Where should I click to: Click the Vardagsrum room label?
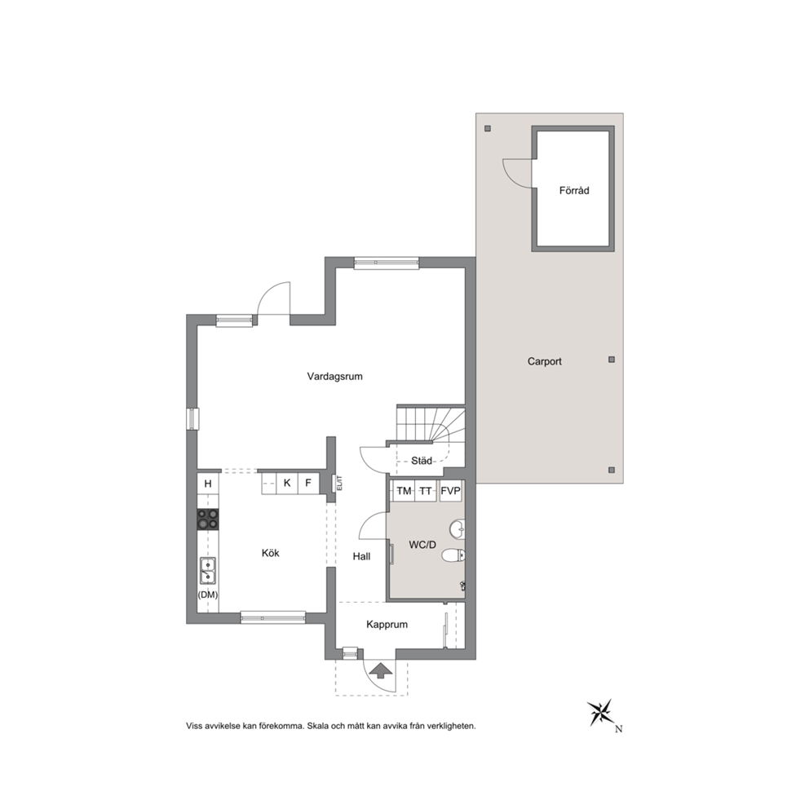[x=334, y=377]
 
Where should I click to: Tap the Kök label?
[x=271, y=553]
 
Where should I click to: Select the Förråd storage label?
[x=574, y=190]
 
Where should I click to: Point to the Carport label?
[x=544, y=361]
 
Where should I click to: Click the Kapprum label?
[x=387, y=625]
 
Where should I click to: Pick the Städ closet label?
[x=422, y=461]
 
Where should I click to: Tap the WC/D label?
[x=422, y=545]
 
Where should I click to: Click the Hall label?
[x=361, y=557]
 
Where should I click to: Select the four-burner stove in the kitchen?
[x=207, y=519]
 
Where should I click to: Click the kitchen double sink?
[x=208, y=570]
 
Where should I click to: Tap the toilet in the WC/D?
[x=453, y=555]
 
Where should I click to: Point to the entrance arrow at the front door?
[x=380, y=670]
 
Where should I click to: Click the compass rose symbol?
[x=601, y=712]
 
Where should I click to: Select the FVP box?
[x=450, y=491]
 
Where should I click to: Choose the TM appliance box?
[x=404, y=491]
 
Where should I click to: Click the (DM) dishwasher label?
[x=208, y=595]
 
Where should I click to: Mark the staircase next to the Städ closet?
[x=431, y=425]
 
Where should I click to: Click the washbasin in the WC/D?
[x=458, y=528]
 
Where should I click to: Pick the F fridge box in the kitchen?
[x=308, y=484]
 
